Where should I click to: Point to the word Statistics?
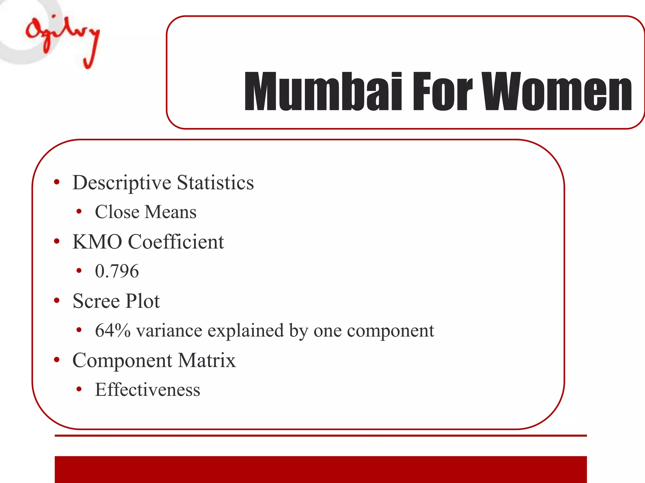[x=215, y=182]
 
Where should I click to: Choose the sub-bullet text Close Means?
[x=146, y=212]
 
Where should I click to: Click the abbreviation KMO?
[x=97, y=242]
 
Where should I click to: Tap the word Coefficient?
[x=176, y=242]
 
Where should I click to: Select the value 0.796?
[x=117, y=271]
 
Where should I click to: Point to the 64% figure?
[x=113, y=330]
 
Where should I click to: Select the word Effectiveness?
[x=147, y=390]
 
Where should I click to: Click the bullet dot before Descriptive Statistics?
[x=57, y=182]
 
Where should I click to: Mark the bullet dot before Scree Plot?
[x=57, y=301]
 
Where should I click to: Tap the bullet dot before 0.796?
[x=79, y=271]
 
